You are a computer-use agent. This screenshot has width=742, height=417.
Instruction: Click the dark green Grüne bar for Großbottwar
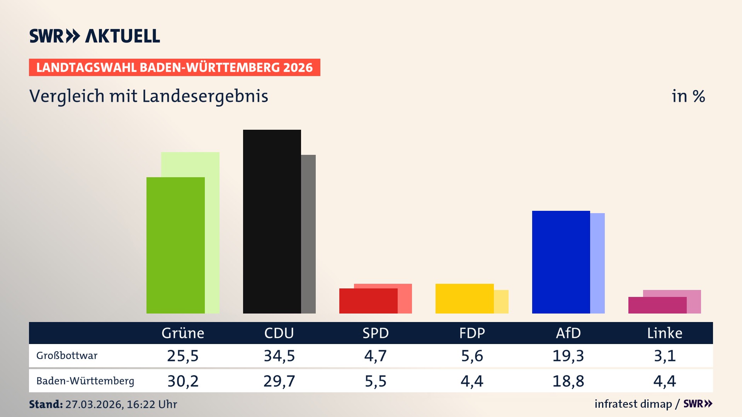tap(175, 245)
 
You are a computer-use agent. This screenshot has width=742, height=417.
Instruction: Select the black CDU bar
tap(272, 221)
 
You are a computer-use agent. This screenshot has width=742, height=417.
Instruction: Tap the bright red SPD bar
tap(368, 301)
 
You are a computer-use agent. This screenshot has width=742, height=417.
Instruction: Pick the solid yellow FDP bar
tap(464, 298)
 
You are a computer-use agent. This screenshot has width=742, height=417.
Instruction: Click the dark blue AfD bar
tap(561, 262)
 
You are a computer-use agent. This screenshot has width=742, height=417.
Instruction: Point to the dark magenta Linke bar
tap(657, 305)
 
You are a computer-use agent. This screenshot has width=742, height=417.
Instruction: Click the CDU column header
tap(279, 333)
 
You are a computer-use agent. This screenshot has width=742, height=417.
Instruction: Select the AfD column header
tap(568, 333)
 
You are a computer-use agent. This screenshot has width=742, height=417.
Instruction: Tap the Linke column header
tap(665, 333)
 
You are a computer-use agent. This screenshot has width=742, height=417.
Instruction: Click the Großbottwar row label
tap(67, 356)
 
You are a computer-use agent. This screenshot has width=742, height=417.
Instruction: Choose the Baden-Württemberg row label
tap(85, 381)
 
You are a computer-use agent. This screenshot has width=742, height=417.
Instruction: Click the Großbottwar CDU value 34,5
tap(279, 356)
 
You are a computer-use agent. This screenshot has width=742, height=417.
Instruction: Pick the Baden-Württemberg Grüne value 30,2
tap(183, 381)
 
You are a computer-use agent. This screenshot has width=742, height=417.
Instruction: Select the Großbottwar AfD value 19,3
tap(568, 356)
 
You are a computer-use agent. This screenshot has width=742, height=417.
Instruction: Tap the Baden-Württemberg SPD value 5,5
tap(376, 381)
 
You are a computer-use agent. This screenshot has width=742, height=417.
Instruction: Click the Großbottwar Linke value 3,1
tap(665, 356)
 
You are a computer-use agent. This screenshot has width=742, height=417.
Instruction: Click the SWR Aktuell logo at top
tap(95, 36)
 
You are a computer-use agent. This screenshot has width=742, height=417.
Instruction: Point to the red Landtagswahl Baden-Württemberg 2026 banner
tap(174, 68)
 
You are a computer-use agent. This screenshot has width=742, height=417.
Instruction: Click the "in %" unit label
tap(688, 97)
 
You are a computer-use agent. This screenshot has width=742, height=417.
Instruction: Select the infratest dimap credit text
tap(633, 404)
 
